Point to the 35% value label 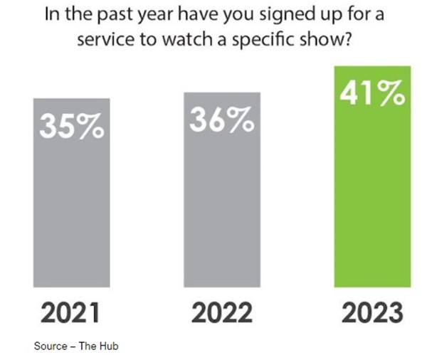coord(71,127)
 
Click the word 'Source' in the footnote coord(48,346)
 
